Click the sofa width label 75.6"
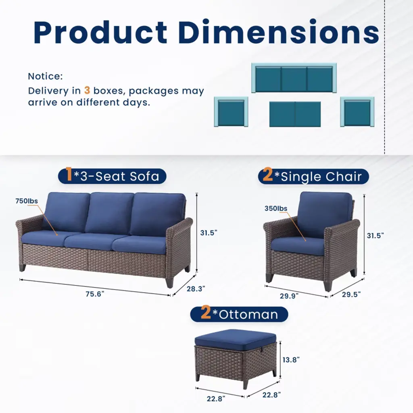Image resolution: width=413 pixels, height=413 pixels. click(x=95, y=294)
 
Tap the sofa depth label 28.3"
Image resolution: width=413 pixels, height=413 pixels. click(x=196, y=289)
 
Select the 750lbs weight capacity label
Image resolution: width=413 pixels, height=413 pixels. click(x=27, y=201)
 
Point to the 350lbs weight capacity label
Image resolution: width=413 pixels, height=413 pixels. click(x=276, y=209)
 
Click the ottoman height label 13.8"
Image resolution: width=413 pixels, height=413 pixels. click(x=291, y=359)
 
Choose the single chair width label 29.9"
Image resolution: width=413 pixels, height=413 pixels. click(x=289, y=296)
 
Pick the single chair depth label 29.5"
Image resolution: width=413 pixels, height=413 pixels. click(x=351, y=294)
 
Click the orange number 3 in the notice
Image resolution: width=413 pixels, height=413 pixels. click(x=87, y=90)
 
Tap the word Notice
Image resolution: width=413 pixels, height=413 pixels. click(x=45, y=76)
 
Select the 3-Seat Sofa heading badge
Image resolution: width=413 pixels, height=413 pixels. click(x=112, y=176)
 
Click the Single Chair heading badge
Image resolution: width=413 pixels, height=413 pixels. click(x=313, y=176)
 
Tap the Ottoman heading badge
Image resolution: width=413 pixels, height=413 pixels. click(x=239, y=314)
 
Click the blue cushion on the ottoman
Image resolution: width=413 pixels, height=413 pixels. click(x=235, y=340)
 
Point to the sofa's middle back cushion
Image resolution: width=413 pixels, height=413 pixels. click(x=109, y=213)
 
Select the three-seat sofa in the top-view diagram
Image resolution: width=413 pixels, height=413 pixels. click(x=294, y=78)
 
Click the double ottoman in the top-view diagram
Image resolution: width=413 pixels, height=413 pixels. click(x=295, y=114)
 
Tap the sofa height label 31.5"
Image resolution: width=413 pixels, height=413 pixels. click(x=209, y=233)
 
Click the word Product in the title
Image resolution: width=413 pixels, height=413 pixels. click(x=100, y=32)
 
